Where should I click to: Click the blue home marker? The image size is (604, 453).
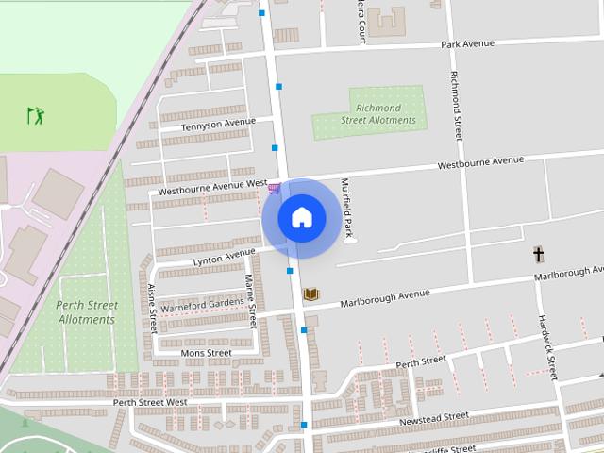pyautogui.click(x=302, y=218)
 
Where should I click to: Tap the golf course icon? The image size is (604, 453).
pyautogui.click(x=36, y=116)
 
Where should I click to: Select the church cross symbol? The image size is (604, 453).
pyautogui.click(x=539, y=255)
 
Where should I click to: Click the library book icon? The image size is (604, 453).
pyautogui.click(x=310, y=295)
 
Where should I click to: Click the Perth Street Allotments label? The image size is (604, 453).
pyautogui.click(x=87, y=312)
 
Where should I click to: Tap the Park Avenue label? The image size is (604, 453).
pyautogui.click(x=467, y=43)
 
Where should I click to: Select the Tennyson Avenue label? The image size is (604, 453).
pyautogui.click(x=218, y=124)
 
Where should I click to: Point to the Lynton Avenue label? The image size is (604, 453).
pyautogui.click(x=224, y=256)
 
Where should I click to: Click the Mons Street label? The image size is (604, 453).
pyautogui.click(x=206, y=353)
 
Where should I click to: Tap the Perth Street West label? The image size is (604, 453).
pyautogui.click(x=151, y=402)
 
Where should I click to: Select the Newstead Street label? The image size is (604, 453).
pyautogui.click(x=434, y=417)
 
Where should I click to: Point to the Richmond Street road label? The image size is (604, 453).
pyautogui.click(x=457, y=105)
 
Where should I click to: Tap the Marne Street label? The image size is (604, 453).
pyautogui.click(x=250, y=300)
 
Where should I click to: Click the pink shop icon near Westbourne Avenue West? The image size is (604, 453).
pyautogui.click(x=274, y=189)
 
